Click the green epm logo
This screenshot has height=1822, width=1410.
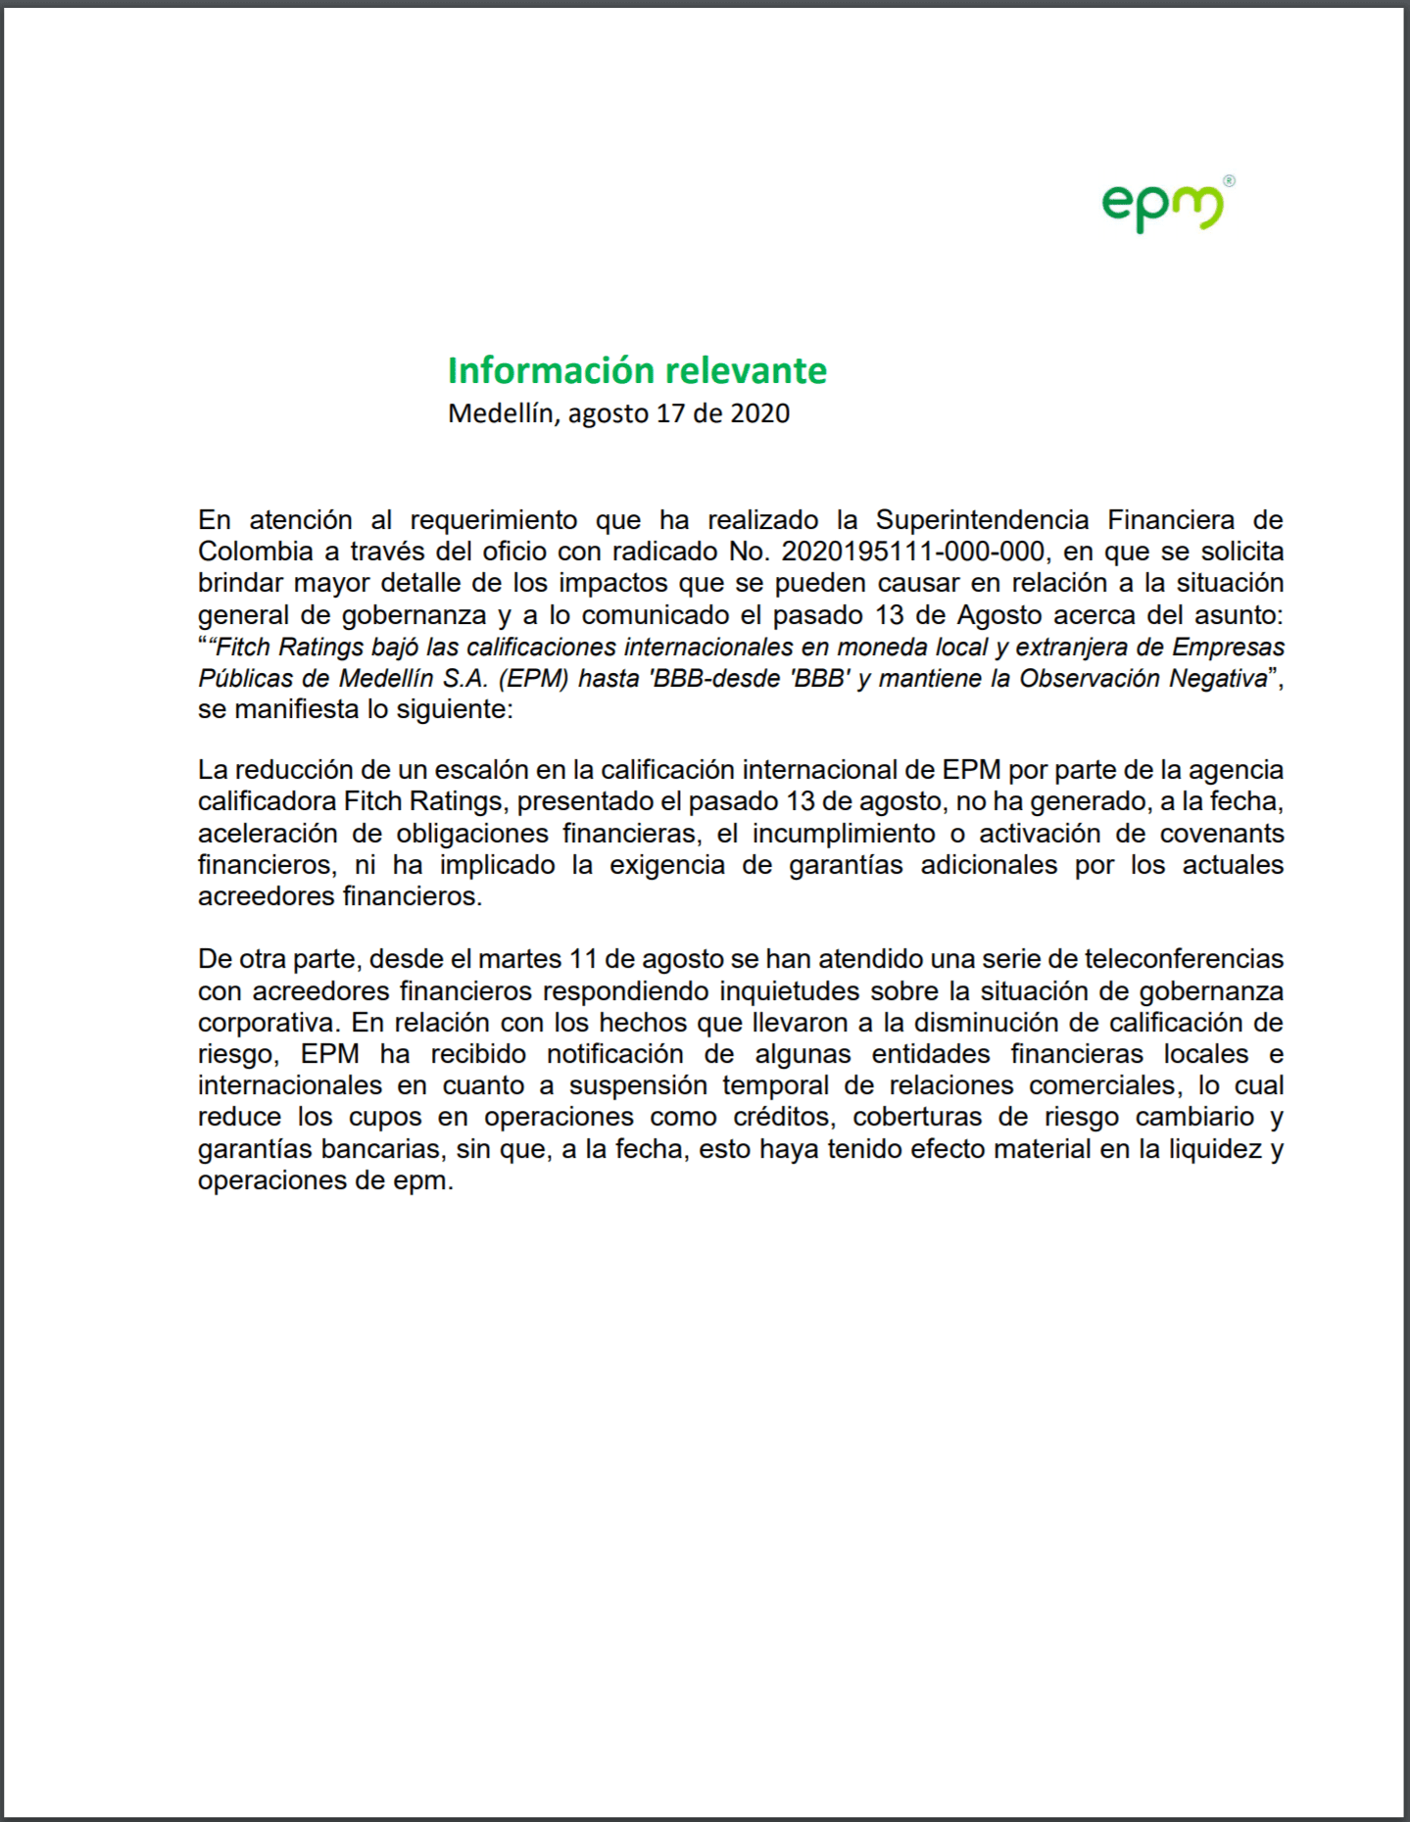click(x=1162, y=207)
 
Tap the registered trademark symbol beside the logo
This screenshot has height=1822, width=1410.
click(x=1230, y=181)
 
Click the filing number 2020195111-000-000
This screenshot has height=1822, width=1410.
click(x=913, y=551)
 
